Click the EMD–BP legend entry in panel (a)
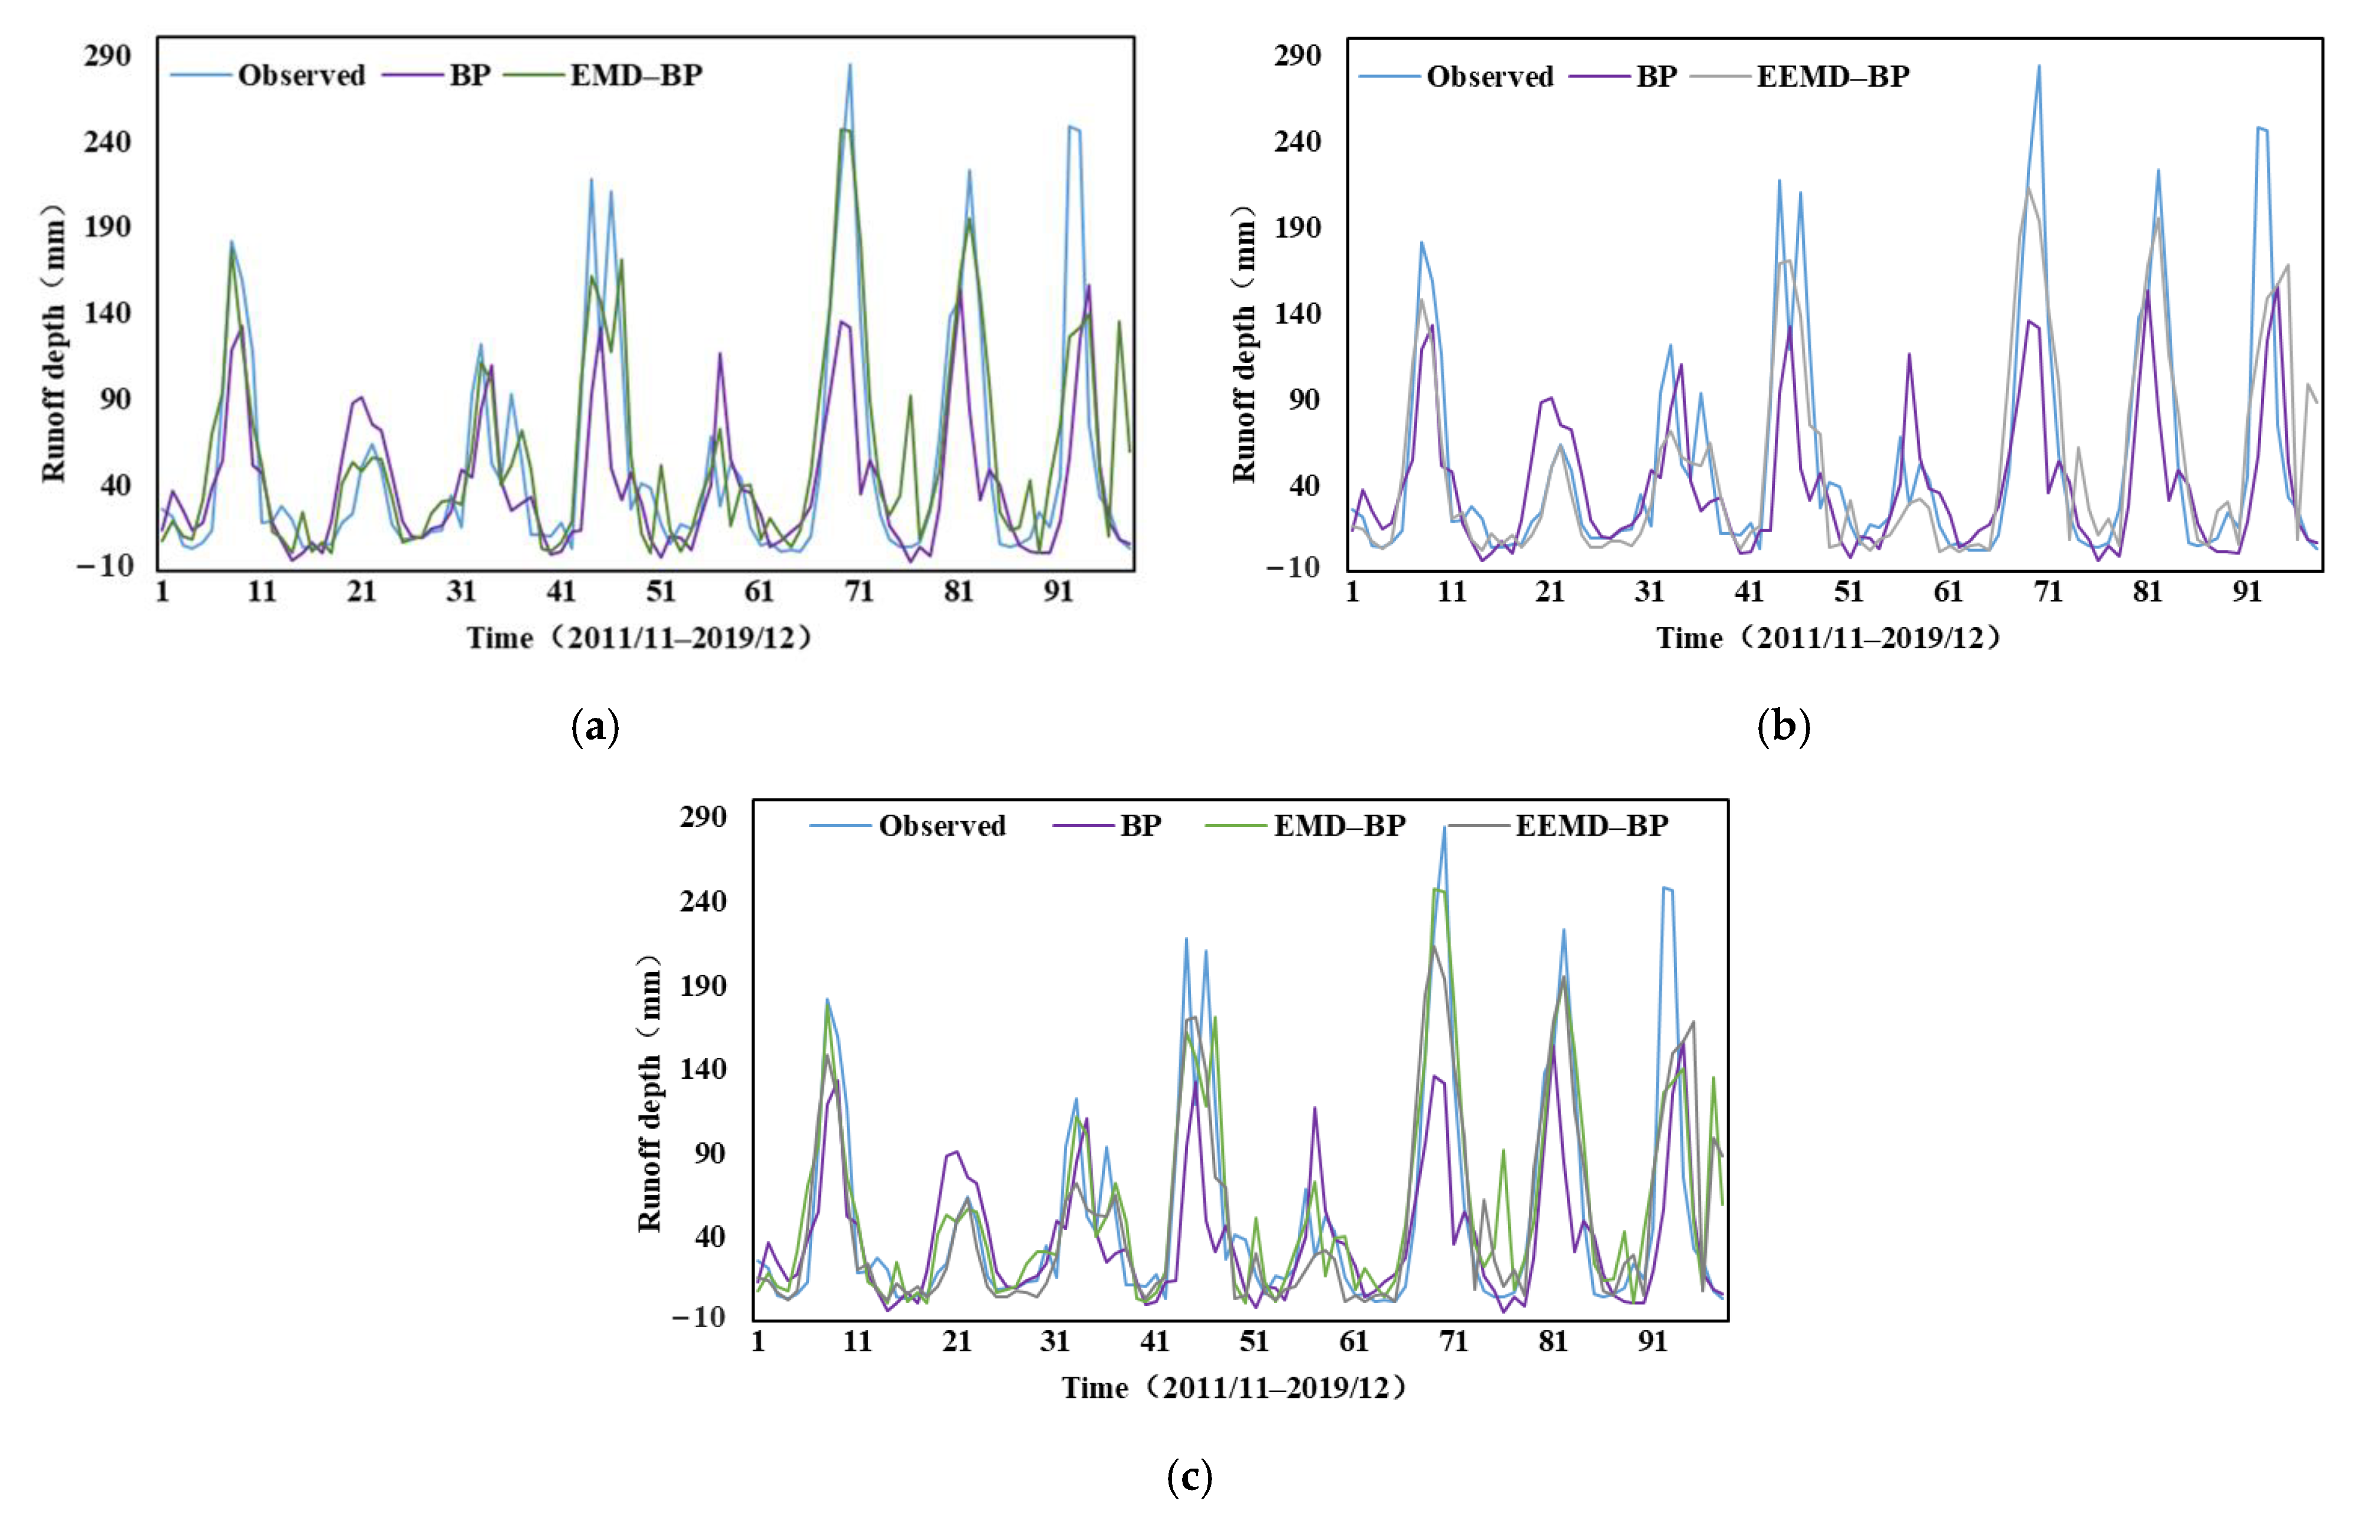click(x=635, y=75)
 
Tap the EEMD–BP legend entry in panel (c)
click(x=1591, y=825)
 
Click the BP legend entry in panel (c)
click(x=1140, y=825)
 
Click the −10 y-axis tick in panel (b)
click(x=1292, y=567)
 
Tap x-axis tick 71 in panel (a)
click(x=859, y=592)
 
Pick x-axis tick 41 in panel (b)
click(x=1750, y=592)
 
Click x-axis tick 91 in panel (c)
click(x=1652, y=1342)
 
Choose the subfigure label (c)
click(x=1189, y=1477)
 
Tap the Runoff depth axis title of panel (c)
click(x=649, y=1094)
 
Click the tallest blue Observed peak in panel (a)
click(x=849, y=67)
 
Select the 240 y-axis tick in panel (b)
click(x=1297, y=141)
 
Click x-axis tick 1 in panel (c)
click(x=758, y=1342)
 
